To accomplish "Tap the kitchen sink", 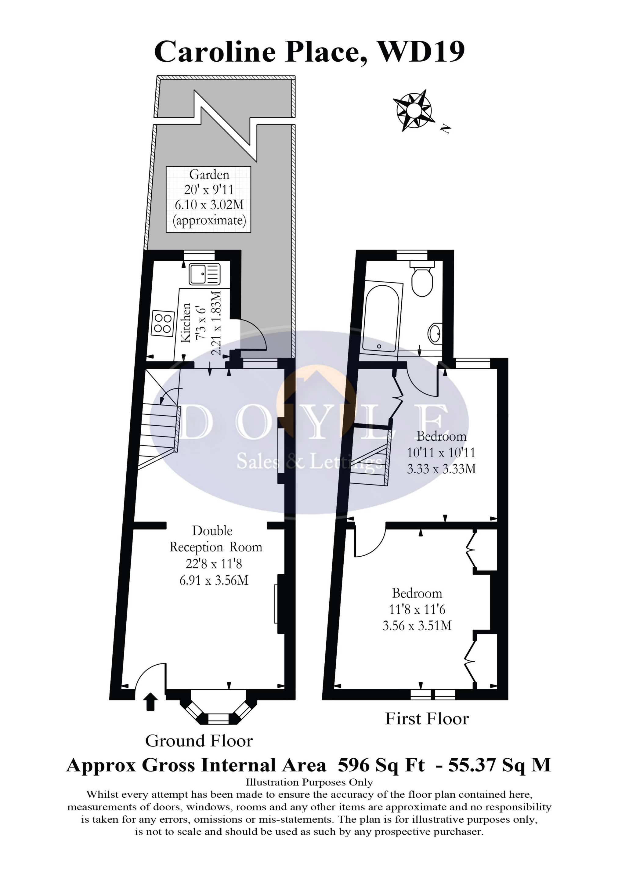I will [x=205, y=274].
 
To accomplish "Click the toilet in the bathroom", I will [x=422, y=280].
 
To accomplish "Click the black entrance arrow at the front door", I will [x=151, y=702].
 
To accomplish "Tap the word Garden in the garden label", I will [x=209, y=175].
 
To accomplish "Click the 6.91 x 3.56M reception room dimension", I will [x=214, y=580].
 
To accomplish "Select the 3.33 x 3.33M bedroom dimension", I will [x=441, y=469].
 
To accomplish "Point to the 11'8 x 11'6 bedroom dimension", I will [x=417, y=609].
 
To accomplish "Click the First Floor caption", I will [x=427, y=719].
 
